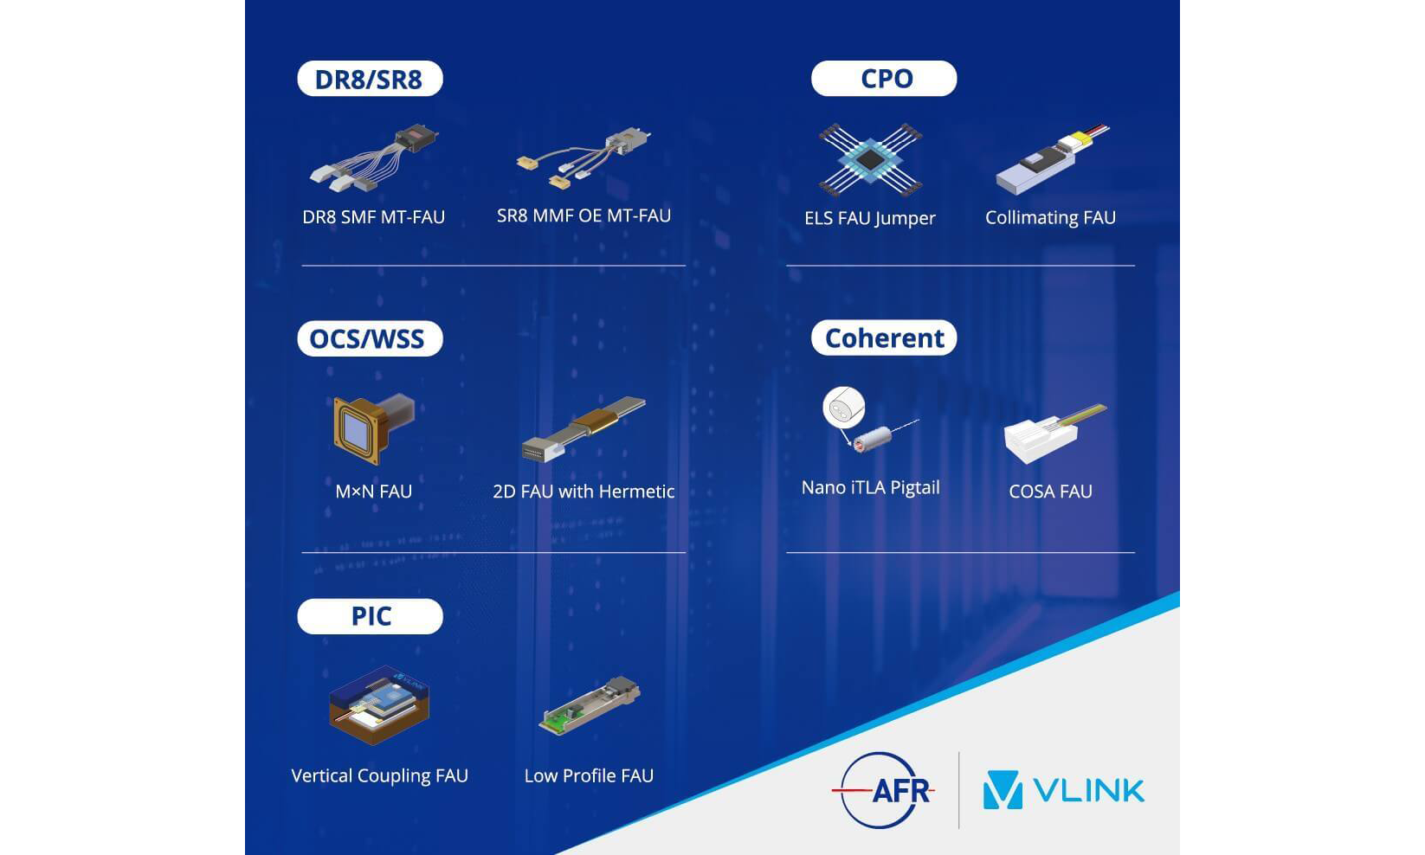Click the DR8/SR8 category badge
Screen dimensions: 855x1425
(370, 79)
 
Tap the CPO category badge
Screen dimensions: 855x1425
(884, 79)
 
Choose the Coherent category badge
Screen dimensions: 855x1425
(884, 337)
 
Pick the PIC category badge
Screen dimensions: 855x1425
(370, 616)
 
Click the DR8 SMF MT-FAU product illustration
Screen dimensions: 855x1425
(374, 157)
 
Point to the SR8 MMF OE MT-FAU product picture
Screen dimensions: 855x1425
(584, 157)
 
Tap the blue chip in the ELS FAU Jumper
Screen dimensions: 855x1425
(869, 160)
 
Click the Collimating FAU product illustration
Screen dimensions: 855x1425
(1050, 159)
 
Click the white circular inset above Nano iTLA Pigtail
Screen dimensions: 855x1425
(844, 407)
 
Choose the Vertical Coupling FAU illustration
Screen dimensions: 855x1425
(379, 705)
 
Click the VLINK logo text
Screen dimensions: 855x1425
(1089, 790)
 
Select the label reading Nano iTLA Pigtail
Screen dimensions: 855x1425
(870, 487)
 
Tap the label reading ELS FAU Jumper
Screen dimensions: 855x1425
(869, 218)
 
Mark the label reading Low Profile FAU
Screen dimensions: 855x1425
(589, 776)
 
